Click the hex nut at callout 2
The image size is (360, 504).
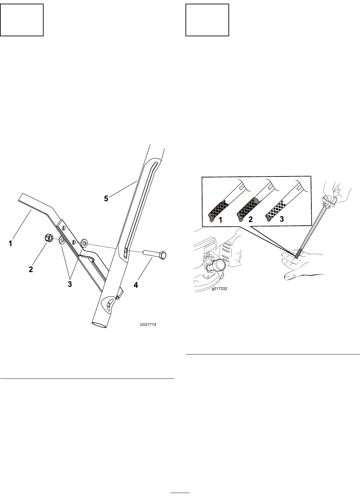coord(49,238)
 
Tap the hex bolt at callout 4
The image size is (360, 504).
coord(155,255)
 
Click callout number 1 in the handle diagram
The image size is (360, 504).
coord(10,243)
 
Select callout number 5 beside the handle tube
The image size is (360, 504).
coord(106,198)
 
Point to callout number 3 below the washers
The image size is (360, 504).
coord(70,284)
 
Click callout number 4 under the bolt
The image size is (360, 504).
coord(136,285)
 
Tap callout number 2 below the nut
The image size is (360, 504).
coord(31,269)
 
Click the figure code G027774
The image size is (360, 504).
coord(148,325)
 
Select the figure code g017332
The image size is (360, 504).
coord(219,289)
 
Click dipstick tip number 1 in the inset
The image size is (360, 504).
coord(218,211)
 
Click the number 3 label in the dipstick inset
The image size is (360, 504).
coord(282,219)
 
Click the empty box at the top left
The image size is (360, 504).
coord(22,20)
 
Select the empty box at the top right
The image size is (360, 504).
coord(207,20)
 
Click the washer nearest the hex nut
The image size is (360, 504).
coord(62,240)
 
